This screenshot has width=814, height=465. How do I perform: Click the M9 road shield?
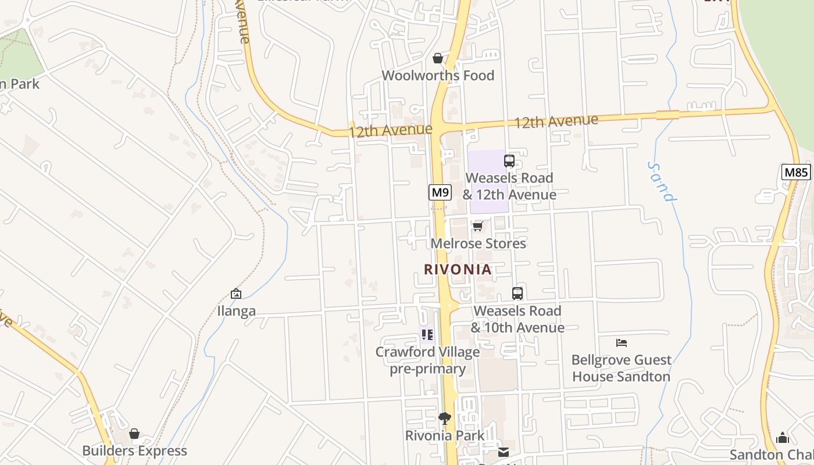[440, 192]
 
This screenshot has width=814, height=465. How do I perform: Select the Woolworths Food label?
[438, 76]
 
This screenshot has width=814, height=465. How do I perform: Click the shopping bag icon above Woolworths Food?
[438, 58]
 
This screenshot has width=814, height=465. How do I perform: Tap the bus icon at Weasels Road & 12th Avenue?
[509, 161]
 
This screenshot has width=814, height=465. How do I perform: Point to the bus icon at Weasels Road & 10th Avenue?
[517, 294]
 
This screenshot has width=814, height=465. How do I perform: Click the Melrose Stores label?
[478, 244]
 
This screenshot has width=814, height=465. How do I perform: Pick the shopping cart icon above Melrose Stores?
[478, 226]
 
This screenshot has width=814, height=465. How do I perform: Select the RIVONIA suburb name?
[458, 270]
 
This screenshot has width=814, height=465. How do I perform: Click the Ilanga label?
[236, 311]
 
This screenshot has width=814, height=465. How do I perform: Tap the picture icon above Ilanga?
[236, 294]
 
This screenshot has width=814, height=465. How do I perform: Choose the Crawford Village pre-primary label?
[427, 360]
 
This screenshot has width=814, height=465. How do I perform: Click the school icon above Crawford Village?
[427, 334]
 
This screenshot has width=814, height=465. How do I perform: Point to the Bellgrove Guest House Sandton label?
[622, 368]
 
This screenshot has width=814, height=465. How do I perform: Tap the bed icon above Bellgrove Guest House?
[622, 342]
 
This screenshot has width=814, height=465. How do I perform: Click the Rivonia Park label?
[445, 435]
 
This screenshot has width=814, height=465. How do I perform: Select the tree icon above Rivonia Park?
[445, 418]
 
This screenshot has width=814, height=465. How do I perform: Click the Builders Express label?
[134, 451]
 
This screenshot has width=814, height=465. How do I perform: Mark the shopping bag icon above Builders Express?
[134, 434]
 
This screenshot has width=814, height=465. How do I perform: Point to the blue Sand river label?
[662, 181]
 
